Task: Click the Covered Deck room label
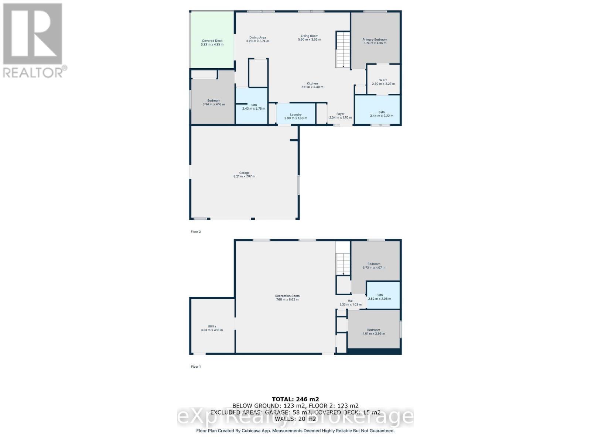[x=212, y=41]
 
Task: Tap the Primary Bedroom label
[x=375, y=40]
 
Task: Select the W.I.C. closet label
[x=383, y=80]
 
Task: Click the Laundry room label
[x=295, y=114]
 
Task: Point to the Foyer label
[x=340, y=114]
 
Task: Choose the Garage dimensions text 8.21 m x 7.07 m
[x=244, y=176]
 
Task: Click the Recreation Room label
[x=287, y=296]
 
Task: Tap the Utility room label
[x=212, y=326]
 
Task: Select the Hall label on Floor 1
[x=350, y=301]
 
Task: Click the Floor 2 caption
[x=196, y=232]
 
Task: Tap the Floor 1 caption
[x=196, y=367]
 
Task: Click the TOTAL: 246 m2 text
[x=295, y=399]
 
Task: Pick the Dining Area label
[x=257, y=38]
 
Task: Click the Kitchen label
[x=312, y=83]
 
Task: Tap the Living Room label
[x=309, y=36]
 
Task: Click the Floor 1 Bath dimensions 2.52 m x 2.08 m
[x=379, y=299]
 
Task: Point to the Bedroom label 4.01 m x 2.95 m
[x=373, y=330]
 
